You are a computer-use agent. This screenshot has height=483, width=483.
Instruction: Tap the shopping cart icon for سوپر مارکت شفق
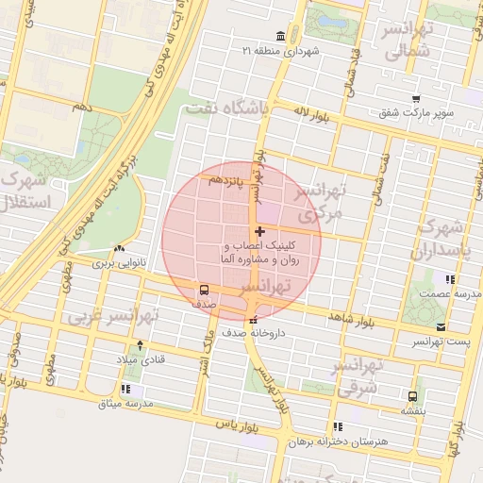click(x=415, y=99)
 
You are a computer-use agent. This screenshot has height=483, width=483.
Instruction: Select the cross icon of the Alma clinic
click(x=259, y=231)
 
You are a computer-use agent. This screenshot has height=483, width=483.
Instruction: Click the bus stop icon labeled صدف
click(x=205, y=290)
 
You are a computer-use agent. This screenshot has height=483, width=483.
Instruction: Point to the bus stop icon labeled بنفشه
click(x=412, y=396)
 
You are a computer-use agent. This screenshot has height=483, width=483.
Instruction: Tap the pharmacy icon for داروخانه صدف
click(x=251, y=318)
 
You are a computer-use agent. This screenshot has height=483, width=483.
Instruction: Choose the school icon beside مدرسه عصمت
click(x=450, y=279)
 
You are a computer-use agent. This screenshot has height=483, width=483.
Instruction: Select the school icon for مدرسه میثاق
click(x=126, y=390)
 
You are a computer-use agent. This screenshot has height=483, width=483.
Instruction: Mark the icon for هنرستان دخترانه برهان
click(x=338, y=426)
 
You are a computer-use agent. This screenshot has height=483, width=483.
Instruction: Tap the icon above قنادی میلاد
click(x=141, y=345)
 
